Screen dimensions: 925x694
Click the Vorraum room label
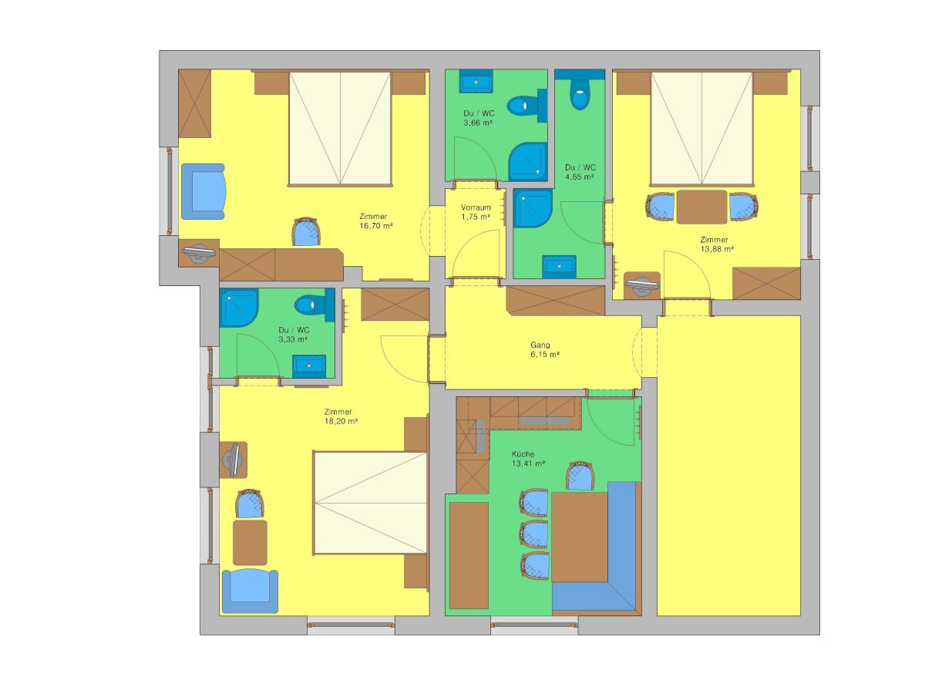click(476, 207)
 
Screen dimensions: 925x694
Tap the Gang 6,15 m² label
click(544, 350)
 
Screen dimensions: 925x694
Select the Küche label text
click(523, 454)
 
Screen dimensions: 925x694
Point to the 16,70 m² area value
click(376, 226)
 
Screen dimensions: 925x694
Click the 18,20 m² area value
click(341, 421)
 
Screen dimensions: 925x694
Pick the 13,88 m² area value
click(717, 249)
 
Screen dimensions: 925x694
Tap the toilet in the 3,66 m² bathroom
click(526, 106)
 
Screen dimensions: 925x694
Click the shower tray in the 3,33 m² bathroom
click(238, 308)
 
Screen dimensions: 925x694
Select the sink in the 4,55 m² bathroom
click(559, 267)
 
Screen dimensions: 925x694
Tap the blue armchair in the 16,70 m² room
click(203, 191)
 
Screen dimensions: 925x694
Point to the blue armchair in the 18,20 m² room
click(250, 591)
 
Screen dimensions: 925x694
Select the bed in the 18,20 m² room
click(371, 503)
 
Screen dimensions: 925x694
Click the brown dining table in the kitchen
click(580, 537)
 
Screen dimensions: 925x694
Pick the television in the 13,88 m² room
click(642, 284)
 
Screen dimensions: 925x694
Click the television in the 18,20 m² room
click(233, 460)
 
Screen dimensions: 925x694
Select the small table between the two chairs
click(701, 207)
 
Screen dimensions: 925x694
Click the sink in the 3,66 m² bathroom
click(476, 81)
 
